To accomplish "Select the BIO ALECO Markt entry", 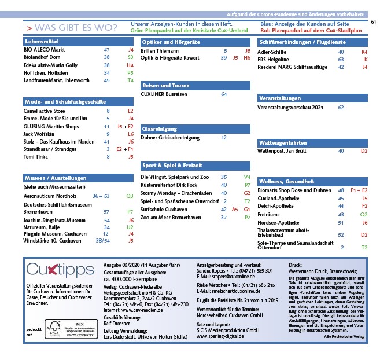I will pyautogui.click(x=44, y=50).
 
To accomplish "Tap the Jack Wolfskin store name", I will pyautogui.click(x=39, y=134).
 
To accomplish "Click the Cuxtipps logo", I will pyautogui.click(x=60, y=270).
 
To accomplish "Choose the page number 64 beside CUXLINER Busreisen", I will pyautogui.click(x=224, y=94).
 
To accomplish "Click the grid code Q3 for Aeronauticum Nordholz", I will pyautogui.click(x=130, y=196).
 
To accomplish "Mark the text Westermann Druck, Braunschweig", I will pyautogui.click(x=322, y=270).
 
